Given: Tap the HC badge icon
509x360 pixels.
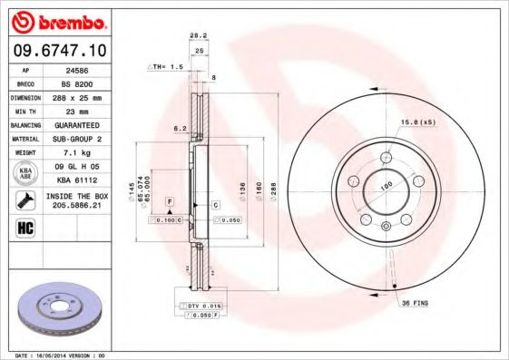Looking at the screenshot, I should click(x=26, y=228).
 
